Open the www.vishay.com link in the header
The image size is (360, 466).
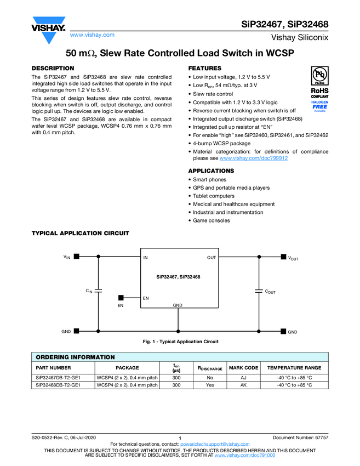click(92, 35)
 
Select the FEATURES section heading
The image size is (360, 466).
click(204, 68)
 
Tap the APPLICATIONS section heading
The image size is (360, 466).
click(211, 171)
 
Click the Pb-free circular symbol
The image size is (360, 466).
click(319, 75)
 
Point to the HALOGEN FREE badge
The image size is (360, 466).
click(319, 105)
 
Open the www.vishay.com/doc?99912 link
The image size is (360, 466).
click(253, 158)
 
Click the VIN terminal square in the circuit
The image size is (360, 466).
click(77, 256)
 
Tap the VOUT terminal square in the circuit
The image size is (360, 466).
click(283, 256)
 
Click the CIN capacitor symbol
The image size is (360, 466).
click(99, 290)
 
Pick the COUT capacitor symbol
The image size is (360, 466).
click(259, 290)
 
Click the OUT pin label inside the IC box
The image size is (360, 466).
click(212, 257)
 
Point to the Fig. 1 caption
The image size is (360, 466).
click(180, 342)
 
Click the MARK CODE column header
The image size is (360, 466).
click(243, 368)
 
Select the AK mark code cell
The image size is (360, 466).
click(243, 385)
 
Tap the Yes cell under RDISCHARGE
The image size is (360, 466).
click(210, 385)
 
